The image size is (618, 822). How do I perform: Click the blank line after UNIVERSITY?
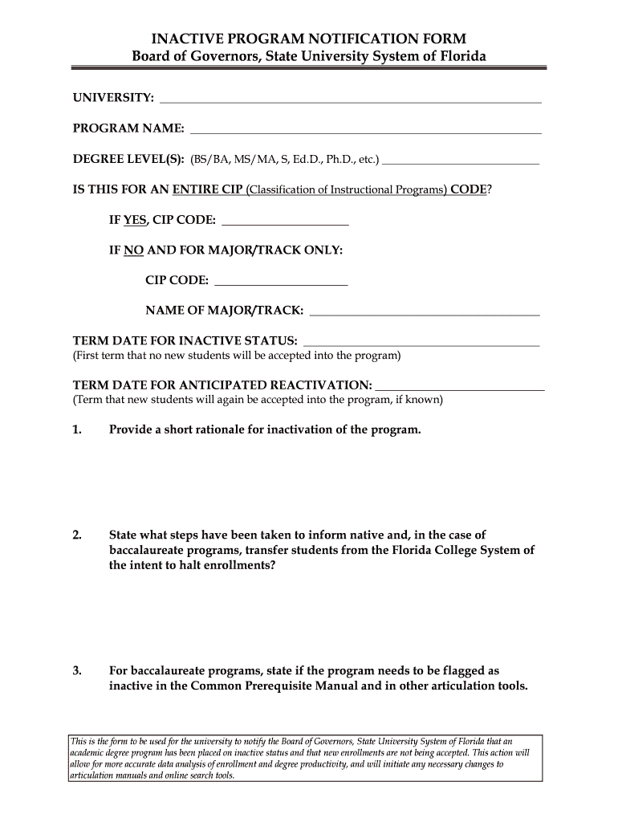(x=351, y=101)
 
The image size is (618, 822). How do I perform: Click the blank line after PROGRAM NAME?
(x=365, y=131)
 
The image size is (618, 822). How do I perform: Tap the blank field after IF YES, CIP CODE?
(x=284, y=223)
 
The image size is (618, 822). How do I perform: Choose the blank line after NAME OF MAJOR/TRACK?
(x=424, y=312)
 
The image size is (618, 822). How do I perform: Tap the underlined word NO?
(x=133, y=250)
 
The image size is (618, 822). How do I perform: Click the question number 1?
(x=77, y=429)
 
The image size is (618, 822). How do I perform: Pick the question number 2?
(x=77, y=535)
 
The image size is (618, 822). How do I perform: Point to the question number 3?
(x=77, y=670)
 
